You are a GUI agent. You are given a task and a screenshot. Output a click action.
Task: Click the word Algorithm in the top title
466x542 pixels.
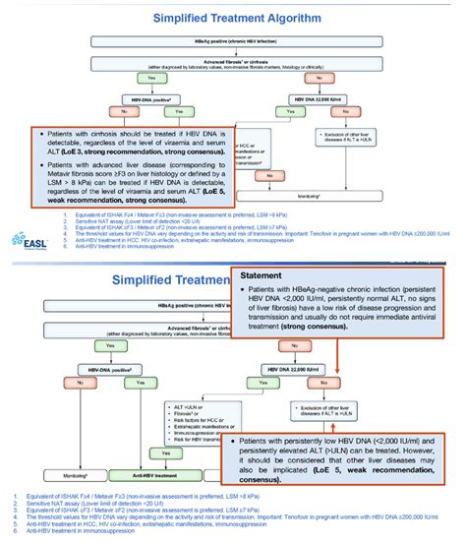279,18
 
